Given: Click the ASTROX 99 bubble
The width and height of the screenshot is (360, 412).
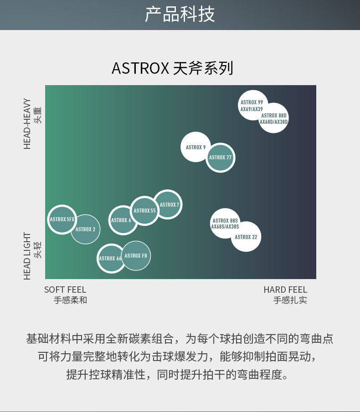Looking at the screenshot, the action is pos(252,105).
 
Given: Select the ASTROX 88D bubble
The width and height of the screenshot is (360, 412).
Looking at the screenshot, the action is pos(273,118).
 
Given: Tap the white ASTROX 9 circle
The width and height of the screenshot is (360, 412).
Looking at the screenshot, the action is pos(196,147).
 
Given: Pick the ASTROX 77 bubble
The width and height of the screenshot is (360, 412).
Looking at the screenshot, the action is pos(221,158).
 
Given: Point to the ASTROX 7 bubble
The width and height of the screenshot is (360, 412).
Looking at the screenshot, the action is pos(169,204).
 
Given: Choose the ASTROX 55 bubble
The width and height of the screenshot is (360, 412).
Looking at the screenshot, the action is pos(144,211).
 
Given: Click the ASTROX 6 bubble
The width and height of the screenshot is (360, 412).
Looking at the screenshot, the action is pos(122,220).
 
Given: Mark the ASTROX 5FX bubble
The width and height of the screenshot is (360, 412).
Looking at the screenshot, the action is pos(62,219).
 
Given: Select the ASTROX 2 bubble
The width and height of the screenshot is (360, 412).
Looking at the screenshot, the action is pos(86,229).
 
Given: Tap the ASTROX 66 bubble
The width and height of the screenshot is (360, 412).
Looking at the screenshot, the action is pos(111,258).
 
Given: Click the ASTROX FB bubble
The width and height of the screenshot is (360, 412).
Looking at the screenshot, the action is pos(136,256).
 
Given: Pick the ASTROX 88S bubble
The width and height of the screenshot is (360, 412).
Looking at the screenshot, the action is pos(225,223).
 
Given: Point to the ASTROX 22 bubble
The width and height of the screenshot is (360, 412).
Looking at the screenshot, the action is pos(246,237).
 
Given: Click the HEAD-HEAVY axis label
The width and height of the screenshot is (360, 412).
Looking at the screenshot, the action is pos(28,123).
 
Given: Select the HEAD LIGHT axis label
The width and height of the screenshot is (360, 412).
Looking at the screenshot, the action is pos(28,256).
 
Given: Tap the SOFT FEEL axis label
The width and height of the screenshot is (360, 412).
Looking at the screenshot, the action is pos(65,290).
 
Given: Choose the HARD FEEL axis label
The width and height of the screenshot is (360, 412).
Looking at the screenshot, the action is pos(285,290).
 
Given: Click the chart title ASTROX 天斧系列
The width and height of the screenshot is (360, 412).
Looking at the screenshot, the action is pos(172,68).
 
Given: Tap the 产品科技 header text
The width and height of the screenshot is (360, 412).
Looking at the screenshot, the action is pos(180,15).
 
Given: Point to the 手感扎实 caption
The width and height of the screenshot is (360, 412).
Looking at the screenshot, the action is pos(290,300).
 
